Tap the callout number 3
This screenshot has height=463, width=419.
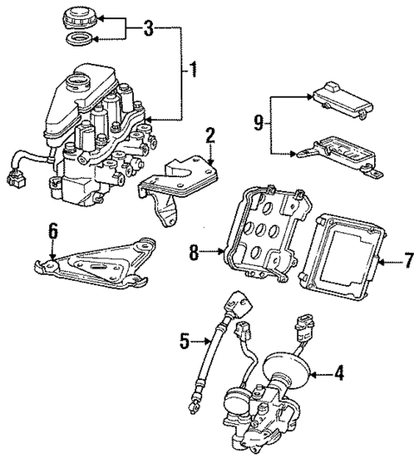[x=148, y=29]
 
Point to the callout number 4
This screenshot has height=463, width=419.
[x=340, y=374]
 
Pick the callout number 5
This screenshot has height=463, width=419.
[x=184, y=342]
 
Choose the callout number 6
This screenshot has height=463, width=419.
[x=53, y=231]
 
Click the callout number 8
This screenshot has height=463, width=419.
[x=194, y=253]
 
